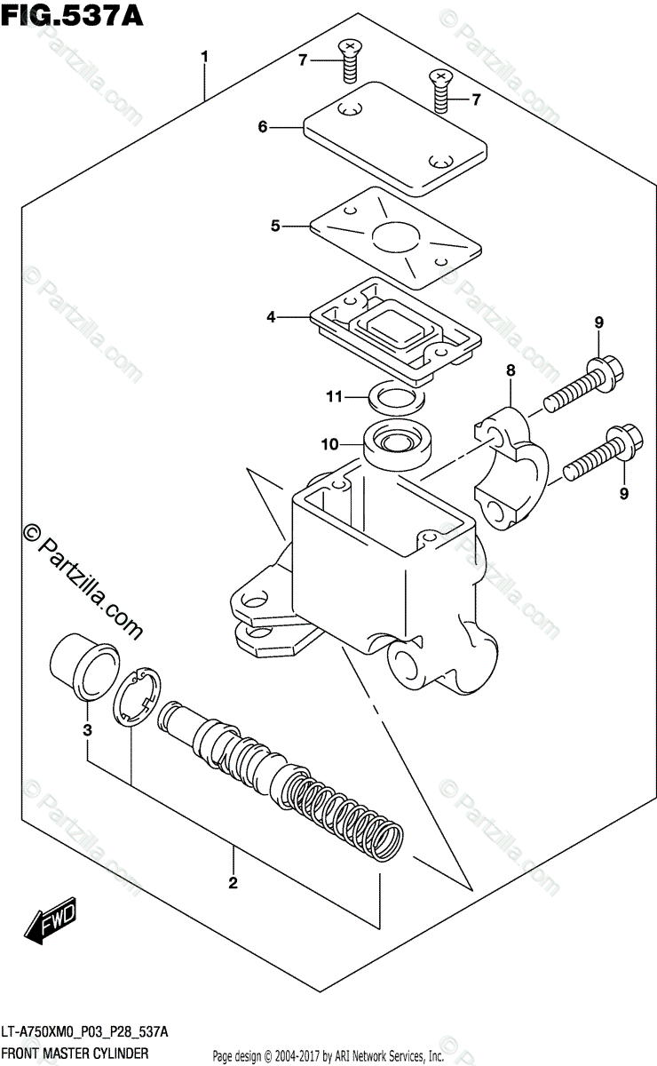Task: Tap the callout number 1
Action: [204, 58]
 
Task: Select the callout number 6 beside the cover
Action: [263, 127]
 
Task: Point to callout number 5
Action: [275, 227]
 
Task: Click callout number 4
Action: [270, 315]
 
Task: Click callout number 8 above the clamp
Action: [511, 369]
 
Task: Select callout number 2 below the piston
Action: [233, 882]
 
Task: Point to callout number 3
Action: [87, 731]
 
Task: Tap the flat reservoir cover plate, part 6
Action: [395, 138]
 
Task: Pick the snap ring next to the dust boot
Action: [136, 699]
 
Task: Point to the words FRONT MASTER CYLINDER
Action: [75, 1053]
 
